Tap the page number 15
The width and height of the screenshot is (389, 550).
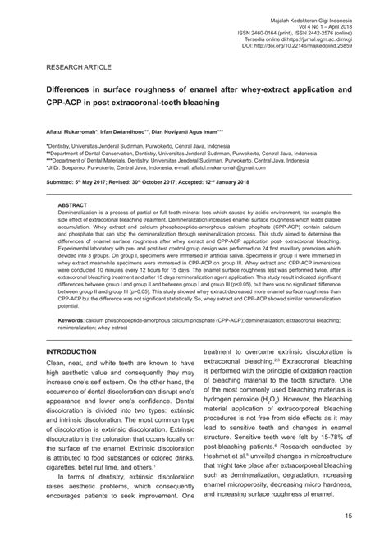(x=348, y=515)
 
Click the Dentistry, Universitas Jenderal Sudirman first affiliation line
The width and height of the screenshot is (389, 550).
(x=139, y=144)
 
